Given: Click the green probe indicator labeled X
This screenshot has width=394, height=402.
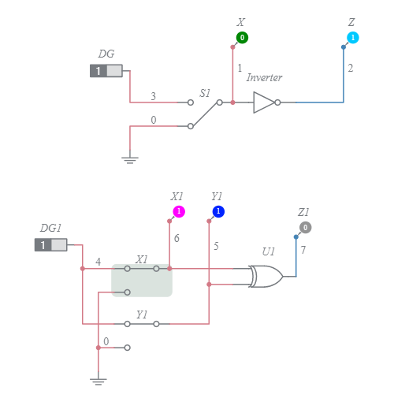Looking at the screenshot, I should (x=242, y=38).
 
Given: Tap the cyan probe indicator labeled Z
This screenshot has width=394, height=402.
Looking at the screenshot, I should (x=352, y=38).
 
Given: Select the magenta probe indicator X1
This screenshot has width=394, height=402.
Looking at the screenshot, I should (x=179, y=211).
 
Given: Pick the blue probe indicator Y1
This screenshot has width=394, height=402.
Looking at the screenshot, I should (x=218, y=211).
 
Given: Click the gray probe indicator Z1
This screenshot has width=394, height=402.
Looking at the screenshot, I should (x=305, y=227).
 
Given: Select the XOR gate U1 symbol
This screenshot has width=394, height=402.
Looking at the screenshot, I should (x=266, y=277).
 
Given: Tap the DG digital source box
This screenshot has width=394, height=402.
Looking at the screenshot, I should (x=106, y=71).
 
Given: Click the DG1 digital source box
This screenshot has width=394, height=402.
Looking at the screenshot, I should (x=50, y=245).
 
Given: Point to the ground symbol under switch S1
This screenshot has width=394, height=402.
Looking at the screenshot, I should (x=130, y=159).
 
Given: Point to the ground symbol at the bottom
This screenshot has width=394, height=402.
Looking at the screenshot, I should (x=98, y=381).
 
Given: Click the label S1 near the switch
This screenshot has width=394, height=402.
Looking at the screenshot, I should (x=205, y=93).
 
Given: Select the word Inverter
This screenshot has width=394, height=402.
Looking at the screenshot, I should (x=264, y=77).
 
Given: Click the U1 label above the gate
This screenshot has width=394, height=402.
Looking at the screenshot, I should (x=269, y=251).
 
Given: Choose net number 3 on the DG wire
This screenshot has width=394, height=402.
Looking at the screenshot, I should (x=153, y=97).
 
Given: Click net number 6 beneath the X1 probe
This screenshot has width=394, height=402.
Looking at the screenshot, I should (x=177, y=238).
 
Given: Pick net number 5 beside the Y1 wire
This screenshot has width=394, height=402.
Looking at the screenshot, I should (x=216, y=246).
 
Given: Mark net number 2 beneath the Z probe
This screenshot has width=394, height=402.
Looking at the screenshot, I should (x=350, y=69).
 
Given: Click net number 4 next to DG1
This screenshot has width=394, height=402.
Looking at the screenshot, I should (x=98, y=261).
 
